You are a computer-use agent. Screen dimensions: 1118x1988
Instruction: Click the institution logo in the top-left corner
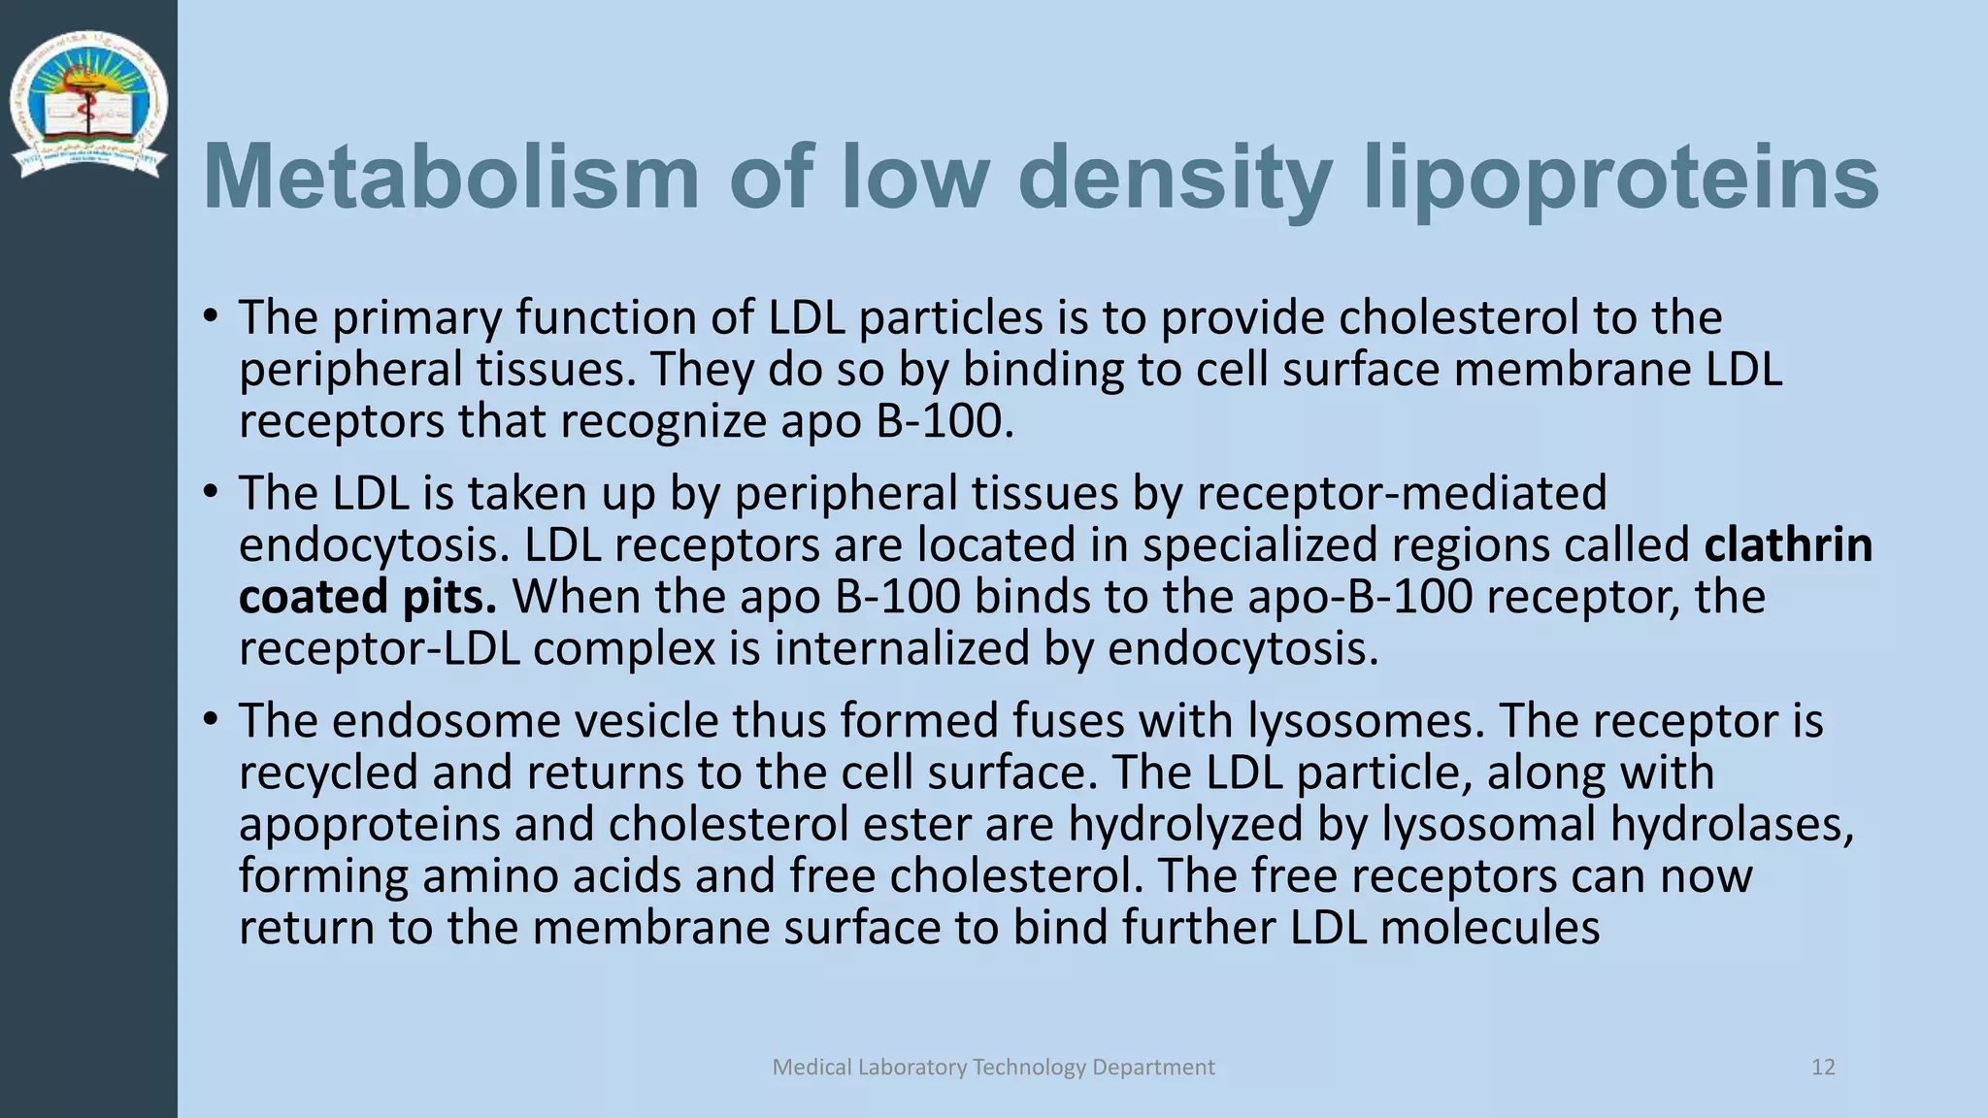point(88,105)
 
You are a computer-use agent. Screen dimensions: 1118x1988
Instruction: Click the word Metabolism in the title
point(450,177)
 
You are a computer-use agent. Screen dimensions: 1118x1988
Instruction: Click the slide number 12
point(1823,1068)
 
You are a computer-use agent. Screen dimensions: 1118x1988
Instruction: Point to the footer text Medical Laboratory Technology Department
point(993,1068)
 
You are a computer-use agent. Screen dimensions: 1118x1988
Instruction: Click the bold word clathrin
point(1788,544)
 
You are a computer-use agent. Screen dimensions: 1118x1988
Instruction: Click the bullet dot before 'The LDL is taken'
point(210,492)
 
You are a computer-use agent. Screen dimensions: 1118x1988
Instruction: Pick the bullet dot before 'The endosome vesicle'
point(210,720)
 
